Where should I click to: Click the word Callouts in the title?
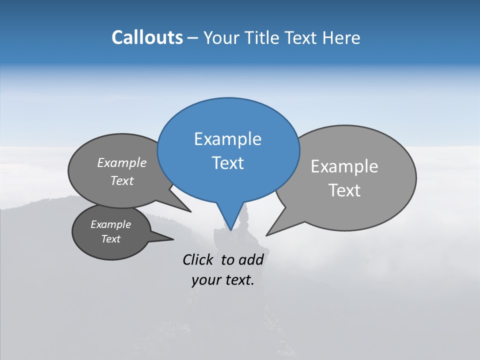click(x=147, y=37)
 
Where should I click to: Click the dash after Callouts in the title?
click(x=193, y=38)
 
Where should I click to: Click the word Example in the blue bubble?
click(x=227, y=139)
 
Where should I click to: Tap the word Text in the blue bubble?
click(x=227, y=163)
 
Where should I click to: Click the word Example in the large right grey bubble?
click(x=344, y=166)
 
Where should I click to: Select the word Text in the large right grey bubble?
click(x=344, y=190)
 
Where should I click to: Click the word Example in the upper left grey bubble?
click(x=121, y=162)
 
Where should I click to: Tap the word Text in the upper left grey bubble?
click(x=121, y=180)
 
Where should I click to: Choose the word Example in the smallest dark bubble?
click(x=110, y=224)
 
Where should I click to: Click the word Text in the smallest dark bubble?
click(x=110, y=239)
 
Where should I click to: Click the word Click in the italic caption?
click(x=198, y=259)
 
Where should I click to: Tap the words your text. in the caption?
click(x=222, y=280)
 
